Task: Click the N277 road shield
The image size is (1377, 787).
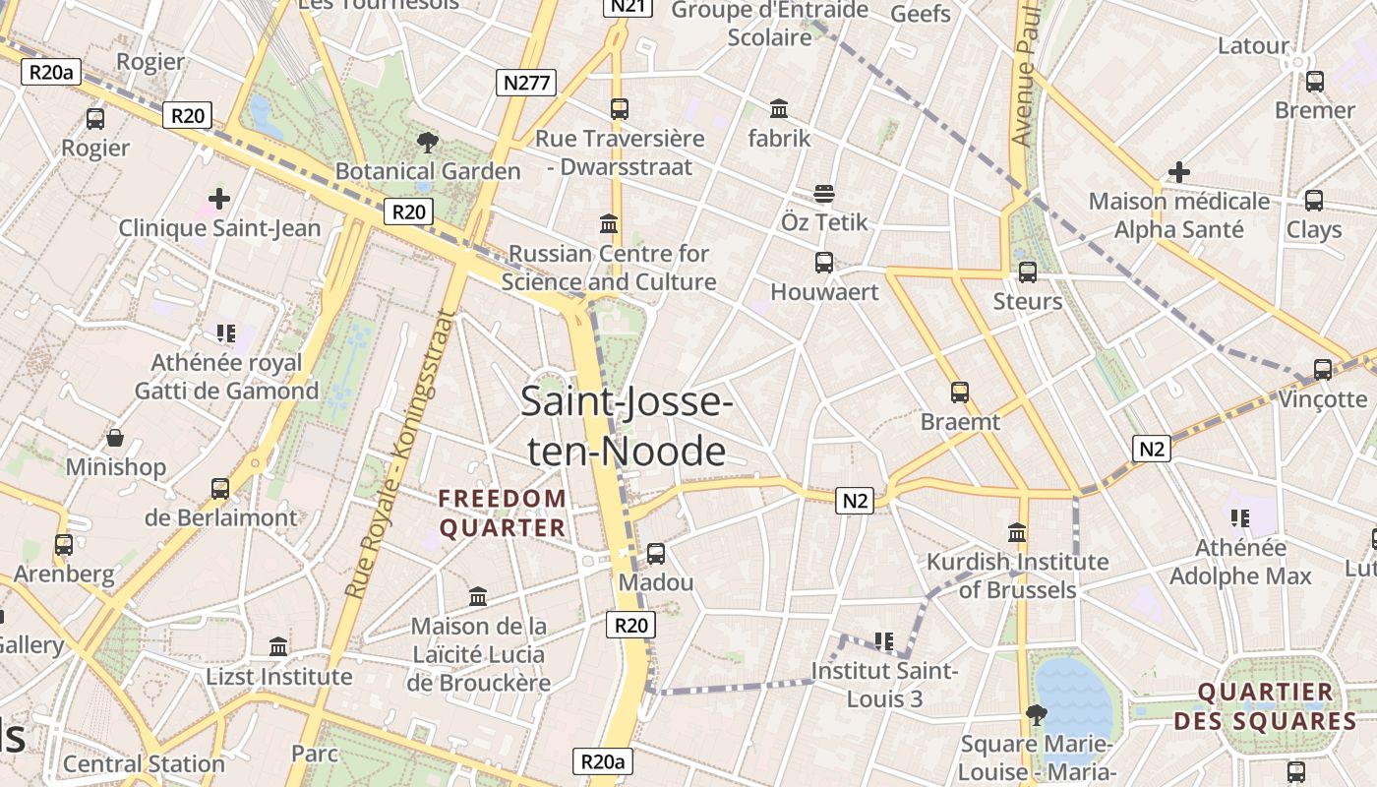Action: (526, 83)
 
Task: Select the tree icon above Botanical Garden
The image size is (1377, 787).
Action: (428, 143)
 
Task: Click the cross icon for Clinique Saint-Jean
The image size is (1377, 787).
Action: (219, 199)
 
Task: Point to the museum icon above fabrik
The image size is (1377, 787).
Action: (779, 108)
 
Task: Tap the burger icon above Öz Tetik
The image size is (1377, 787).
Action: (824, 193)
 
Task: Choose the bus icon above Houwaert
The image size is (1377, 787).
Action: (824, 263)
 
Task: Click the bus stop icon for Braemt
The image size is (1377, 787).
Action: (960, 393)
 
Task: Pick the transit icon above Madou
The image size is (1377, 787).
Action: (656, 553)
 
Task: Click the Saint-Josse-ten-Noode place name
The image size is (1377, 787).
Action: (627, 426)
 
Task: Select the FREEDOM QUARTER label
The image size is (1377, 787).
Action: (503, 514)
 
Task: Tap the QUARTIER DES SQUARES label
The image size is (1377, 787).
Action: (1265, 706)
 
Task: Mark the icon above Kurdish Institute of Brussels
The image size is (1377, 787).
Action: (1017, 533)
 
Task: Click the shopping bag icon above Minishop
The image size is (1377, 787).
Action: (115, 438)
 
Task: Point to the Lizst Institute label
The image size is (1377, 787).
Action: (278, 677)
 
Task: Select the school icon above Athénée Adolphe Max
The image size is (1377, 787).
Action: (1240, 517)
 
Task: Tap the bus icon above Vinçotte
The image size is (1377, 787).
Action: (1323, 370)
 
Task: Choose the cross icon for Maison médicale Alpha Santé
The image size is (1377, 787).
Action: (1178, 173)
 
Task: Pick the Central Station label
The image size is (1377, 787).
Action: (144, 763)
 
